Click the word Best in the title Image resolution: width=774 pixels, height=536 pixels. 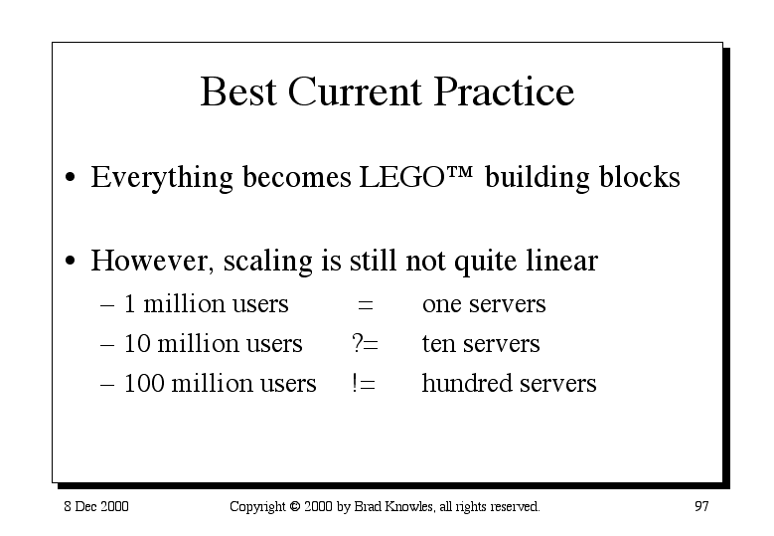237,91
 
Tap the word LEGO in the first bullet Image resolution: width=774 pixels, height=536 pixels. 402,177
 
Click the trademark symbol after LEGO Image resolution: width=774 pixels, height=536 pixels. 460,172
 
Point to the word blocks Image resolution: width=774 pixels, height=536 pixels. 639,176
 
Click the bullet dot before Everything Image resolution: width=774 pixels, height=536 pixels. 71,177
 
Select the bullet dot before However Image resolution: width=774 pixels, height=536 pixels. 71,261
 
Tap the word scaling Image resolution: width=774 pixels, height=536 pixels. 267,261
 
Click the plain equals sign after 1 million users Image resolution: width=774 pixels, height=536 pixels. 366,305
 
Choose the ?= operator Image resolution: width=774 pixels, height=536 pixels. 365,343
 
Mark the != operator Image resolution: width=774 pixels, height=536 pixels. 364,383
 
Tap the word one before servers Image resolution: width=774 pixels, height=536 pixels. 442,305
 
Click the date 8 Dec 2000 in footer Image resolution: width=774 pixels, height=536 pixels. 96,506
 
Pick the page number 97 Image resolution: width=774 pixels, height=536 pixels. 701,506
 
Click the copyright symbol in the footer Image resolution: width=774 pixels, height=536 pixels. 295,506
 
